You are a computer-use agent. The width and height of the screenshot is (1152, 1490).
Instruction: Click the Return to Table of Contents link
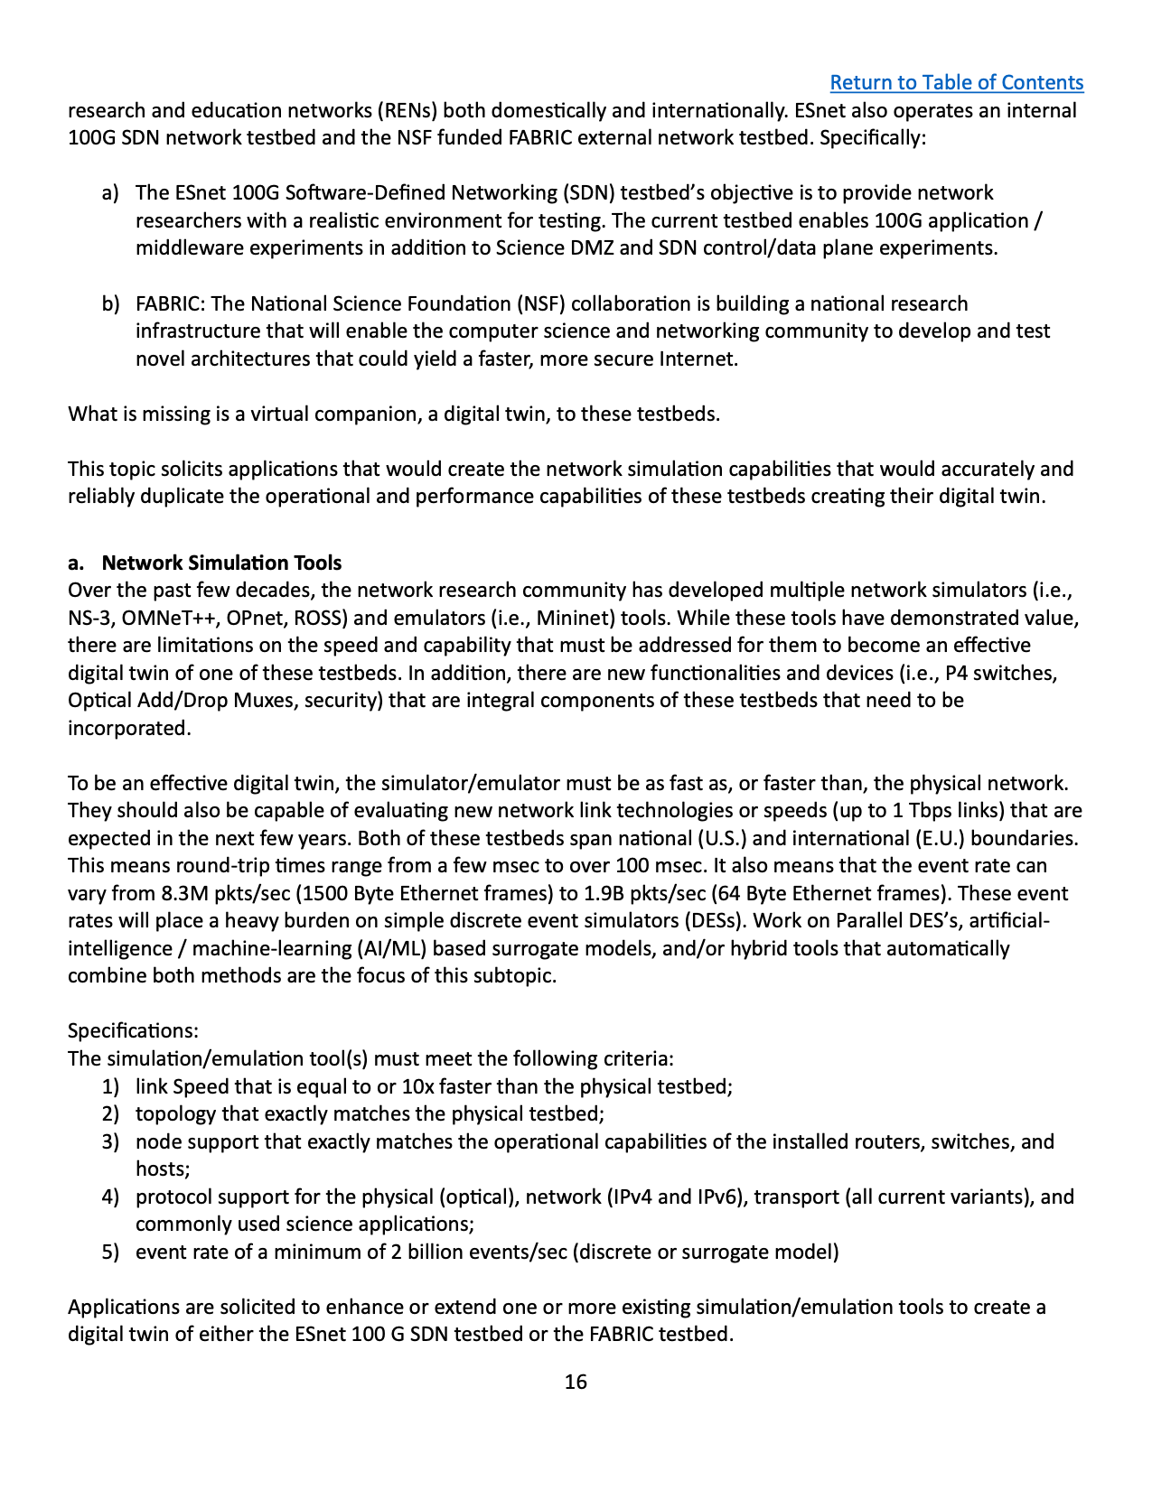pos(956,82)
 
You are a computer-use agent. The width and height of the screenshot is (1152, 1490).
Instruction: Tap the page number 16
pos(576,1382)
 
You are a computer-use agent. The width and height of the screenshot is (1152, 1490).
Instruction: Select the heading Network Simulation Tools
pos(221,563)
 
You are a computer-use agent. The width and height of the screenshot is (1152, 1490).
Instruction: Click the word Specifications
pos(133,1030)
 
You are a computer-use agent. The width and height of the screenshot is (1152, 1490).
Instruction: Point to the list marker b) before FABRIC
pos(110,303)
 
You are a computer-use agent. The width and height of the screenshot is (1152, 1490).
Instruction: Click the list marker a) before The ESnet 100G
pos(110,192)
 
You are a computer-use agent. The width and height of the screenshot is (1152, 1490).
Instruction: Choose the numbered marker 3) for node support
pos(110,1141)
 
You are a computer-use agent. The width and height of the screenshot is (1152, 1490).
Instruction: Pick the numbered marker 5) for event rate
pos(110,1252)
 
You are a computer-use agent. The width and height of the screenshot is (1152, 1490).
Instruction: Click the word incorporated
pos(129,728)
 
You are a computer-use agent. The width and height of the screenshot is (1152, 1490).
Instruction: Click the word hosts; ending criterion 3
pos(163,1169)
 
